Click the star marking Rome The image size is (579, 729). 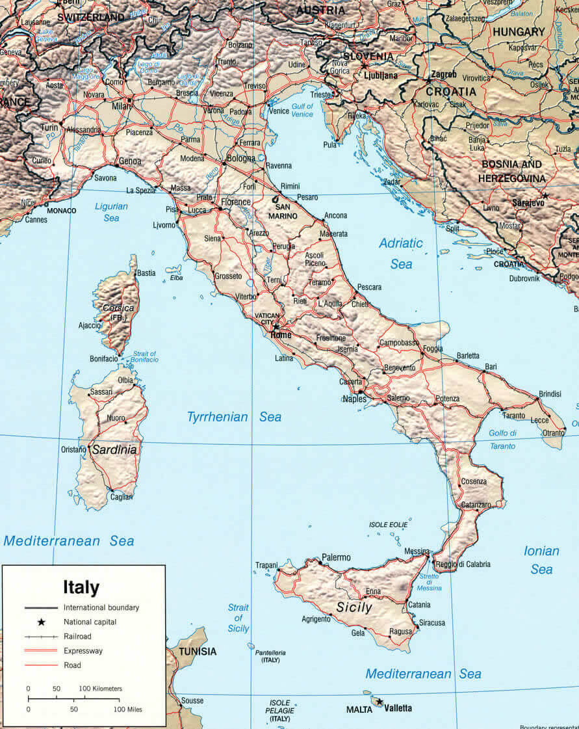click(x=276, y=326)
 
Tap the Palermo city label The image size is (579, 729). click(x=336, y=557)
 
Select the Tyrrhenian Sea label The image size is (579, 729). click(x=234, y=417)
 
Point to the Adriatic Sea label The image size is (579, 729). click(x=401, y=253)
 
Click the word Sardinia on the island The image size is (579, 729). click(x=114, y=449)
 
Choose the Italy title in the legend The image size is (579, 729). click(x=81, y=588)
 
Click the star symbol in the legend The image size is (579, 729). click(x=40, y=622)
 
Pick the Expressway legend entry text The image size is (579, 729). click(x=83, y=650)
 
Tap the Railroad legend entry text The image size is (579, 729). click(x=77, y=636)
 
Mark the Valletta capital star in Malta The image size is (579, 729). click(x=380, y=702)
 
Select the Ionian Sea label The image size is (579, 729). click(x=541, y=560)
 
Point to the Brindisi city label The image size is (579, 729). click(x=549, y=395)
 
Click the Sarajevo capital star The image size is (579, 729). click(x=545, y=196)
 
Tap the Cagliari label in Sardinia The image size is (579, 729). click(x=121, y=497)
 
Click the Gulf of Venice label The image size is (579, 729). click(x=302, y=110)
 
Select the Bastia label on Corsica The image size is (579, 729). click(x=146, y=273)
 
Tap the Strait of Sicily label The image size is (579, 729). click(x=238, y=618)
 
